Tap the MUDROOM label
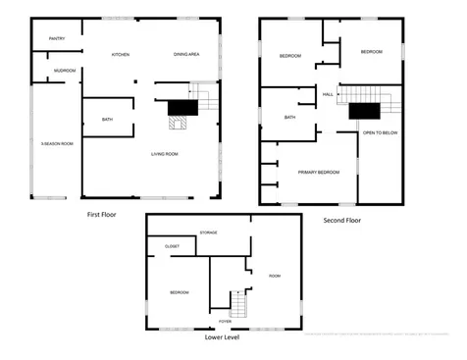[x=65, y=71]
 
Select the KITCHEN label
[x=121, y=54]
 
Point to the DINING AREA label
[x=186, y=54]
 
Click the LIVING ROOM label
[x=164, y=153]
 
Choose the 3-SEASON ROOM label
[x=56, y=144]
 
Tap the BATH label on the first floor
[x=107, y=120]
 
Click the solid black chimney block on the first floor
[x=182, y=108]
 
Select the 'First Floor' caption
[x=102, y=213]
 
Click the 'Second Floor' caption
[x=341, y=221]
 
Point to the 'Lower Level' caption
[x=221, y=336]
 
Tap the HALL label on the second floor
[x=328, y=94]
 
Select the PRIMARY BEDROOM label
[x=319, y=172]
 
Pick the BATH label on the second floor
[x=289, y=118]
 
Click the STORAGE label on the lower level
[x=209, y=232]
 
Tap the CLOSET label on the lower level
[x=172, y=246]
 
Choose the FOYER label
[x=225, y=320]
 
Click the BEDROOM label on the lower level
[x=180, y=292]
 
